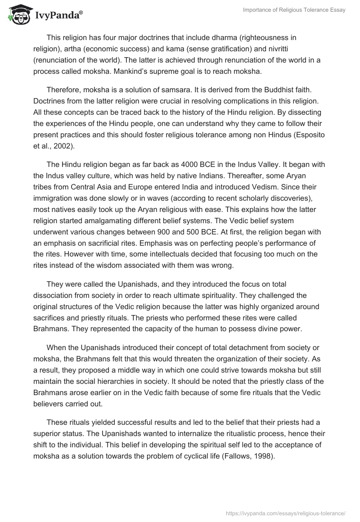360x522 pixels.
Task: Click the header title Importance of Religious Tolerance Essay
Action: coord(294,10)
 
